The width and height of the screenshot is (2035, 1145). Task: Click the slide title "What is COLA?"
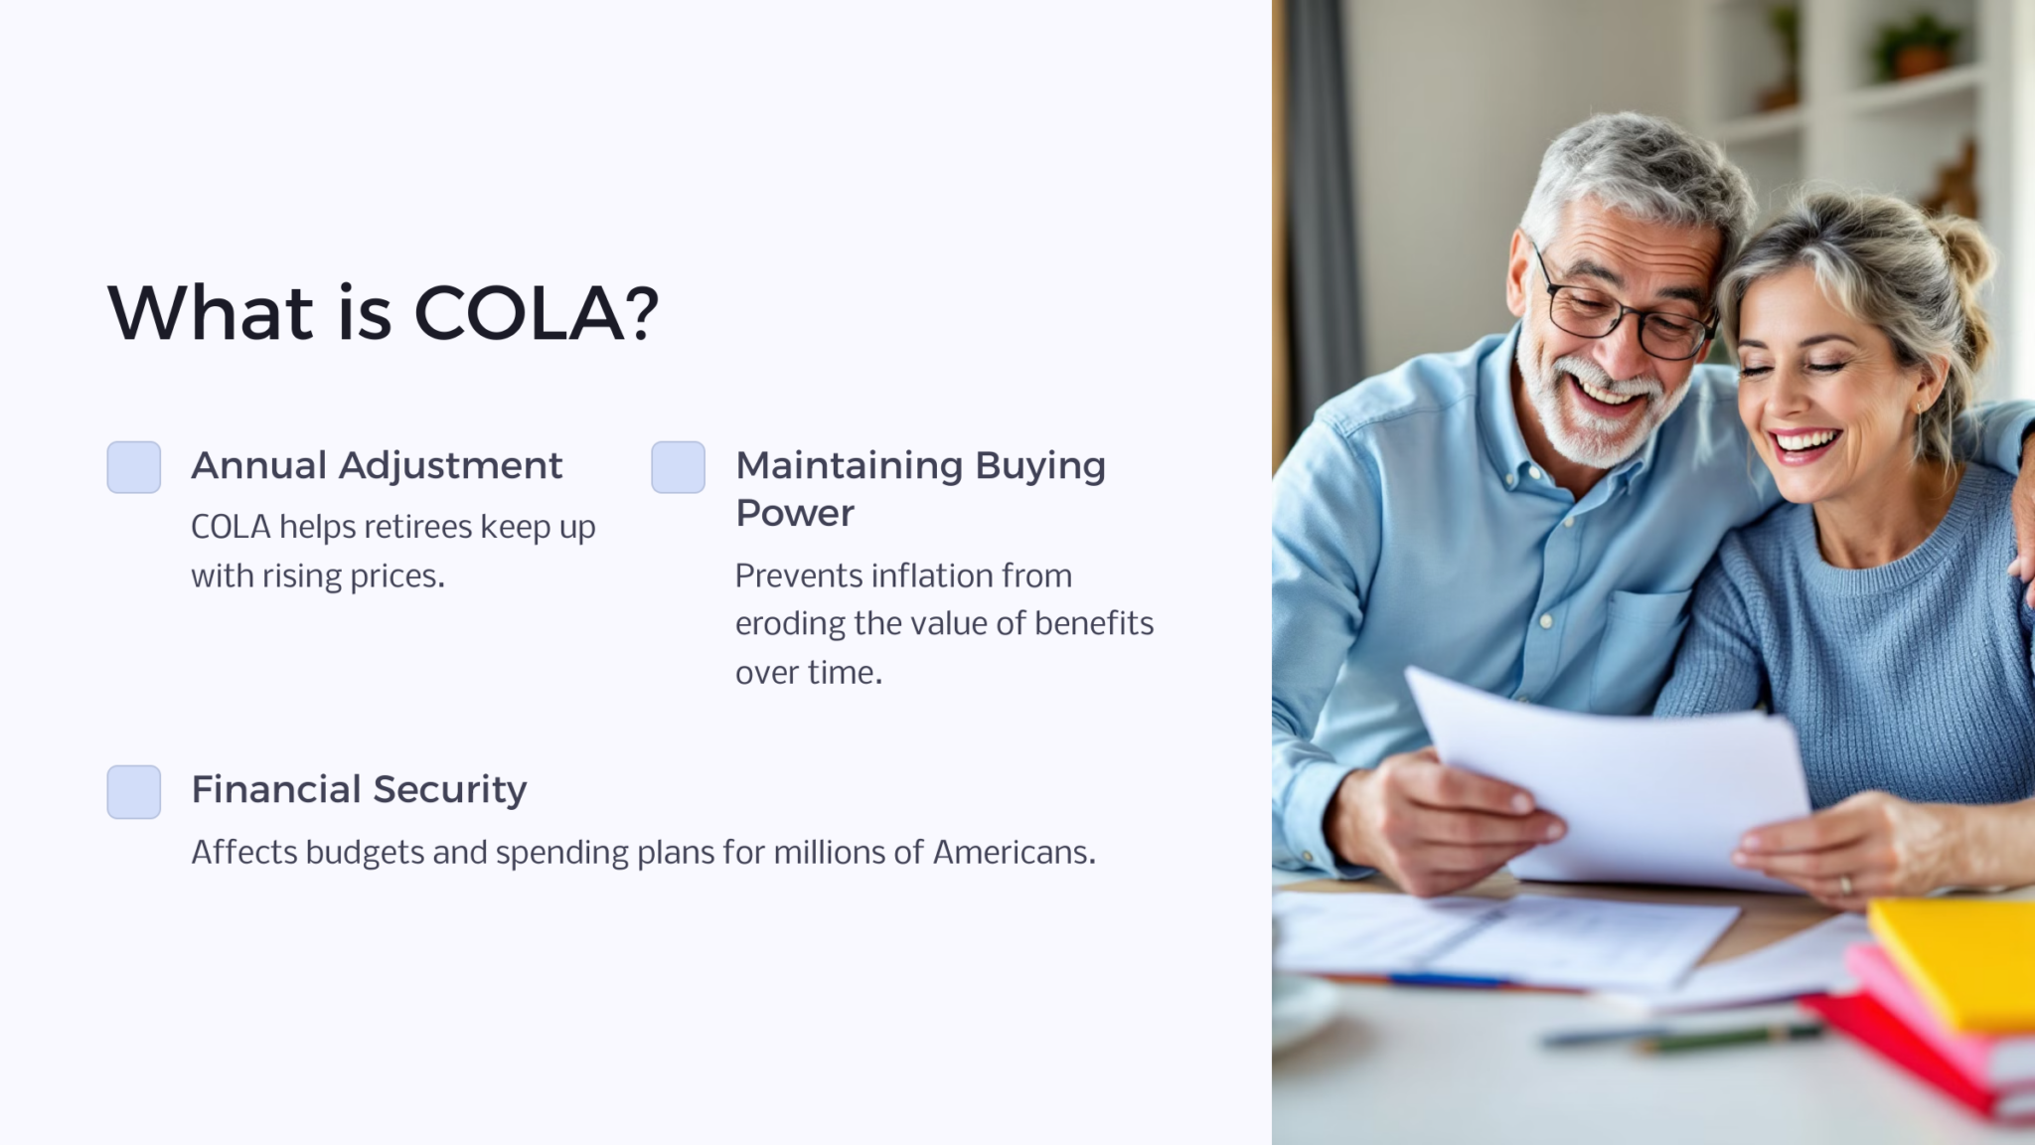tap(383, 313)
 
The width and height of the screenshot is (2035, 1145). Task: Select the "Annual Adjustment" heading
tap(377, 465)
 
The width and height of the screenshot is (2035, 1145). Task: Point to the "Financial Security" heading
tap(359, 789)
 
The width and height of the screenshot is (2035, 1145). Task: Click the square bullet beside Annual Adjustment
tap(134, 467)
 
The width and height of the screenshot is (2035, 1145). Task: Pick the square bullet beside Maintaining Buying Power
tap(678, 467)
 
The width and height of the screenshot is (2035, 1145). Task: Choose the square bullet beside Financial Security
tap(134, 792)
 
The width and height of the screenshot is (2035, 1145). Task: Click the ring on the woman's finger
tap(1845, 884)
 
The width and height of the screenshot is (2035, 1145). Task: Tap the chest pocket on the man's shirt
tap(1640, 636)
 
